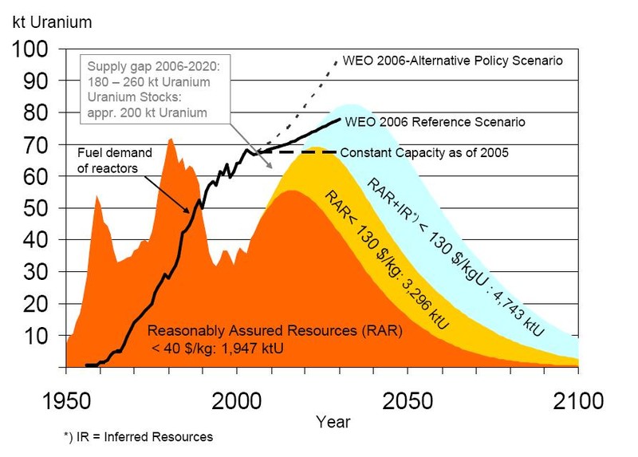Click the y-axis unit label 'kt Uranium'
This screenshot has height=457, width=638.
click(52, 22)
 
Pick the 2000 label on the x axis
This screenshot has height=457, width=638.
click(237, 400)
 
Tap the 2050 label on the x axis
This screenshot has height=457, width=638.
click(408, 400)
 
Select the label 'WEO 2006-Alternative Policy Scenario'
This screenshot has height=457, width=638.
click(452, 61)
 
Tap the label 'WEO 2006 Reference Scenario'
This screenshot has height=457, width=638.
click(435, 122)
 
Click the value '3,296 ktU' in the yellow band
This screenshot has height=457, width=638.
click(430, 307)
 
